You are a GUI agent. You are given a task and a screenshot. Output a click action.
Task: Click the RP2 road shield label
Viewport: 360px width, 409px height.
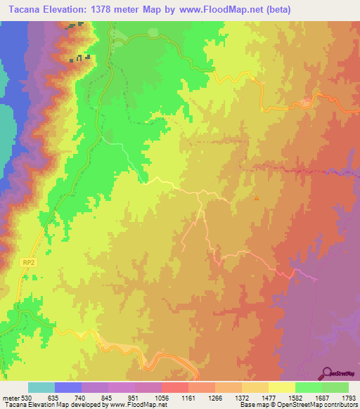27,261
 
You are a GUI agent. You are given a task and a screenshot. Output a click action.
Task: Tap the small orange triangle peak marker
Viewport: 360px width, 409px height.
257,198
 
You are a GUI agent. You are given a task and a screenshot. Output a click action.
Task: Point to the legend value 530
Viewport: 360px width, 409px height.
26,397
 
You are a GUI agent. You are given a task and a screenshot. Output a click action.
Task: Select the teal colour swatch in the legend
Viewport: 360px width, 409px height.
41,387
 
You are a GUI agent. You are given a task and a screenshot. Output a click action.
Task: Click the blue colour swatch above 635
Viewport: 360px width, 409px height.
68,387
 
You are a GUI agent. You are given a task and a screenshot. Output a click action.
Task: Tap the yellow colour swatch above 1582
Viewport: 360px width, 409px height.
282,387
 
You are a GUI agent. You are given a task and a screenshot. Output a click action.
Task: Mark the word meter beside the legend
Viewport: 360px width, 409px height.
10,397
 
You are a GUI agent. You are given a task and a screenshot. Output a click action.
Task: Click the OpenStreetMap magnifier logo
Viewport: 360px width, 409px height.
328,374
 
